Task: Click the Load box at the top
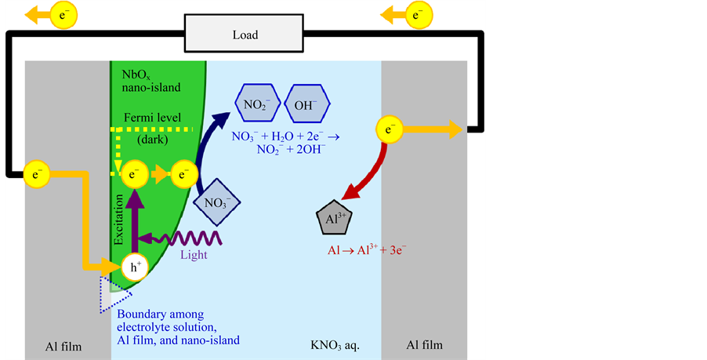[245, 35]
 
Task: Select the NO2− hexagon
[256, 104]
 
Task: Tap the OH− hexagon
[304, 104]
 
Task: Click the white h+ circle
[135, 267]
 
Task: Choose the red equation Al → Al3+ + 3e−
[366, 251]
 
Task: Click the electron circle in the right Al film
[390, 129]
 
